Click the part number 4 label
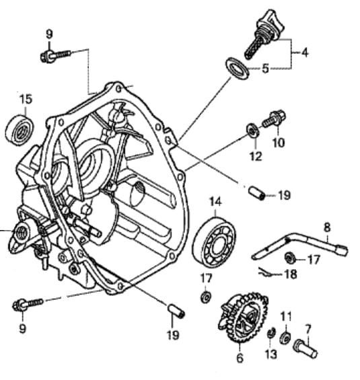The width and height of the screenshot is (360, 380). tap(304, 52)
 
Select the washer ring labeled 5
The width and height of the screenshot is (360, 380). tap(237, 68)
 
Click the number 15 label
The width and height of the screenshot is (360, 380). tap(26, 99)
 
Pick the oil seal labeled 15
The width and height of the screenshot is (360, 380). tap(20, 130)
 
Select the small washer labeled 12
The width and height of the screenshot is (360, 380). tap(252, 130)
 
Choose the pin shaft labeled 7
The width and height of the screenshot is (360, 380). tap(305, 348)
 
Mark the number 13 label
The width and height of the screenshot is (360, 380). tap(271, 354)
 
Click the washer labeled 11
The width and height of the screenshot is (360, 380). tap(285, 338)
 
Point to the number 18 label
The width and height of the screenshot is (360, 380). tap(291, 274)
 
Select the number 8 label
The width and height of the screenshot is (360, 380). tap(327, 227)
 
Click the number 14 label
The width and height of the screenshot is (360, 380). tap(215, 201)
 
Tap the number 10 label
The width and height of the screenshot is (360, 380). tap(279, 143)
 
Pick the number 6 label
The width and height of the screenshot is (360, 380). tap(240, 358)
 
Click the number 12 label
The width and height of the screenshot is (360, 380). tap(256, 156)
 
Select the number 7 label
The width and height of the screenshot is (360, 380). tap(308, 329)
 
